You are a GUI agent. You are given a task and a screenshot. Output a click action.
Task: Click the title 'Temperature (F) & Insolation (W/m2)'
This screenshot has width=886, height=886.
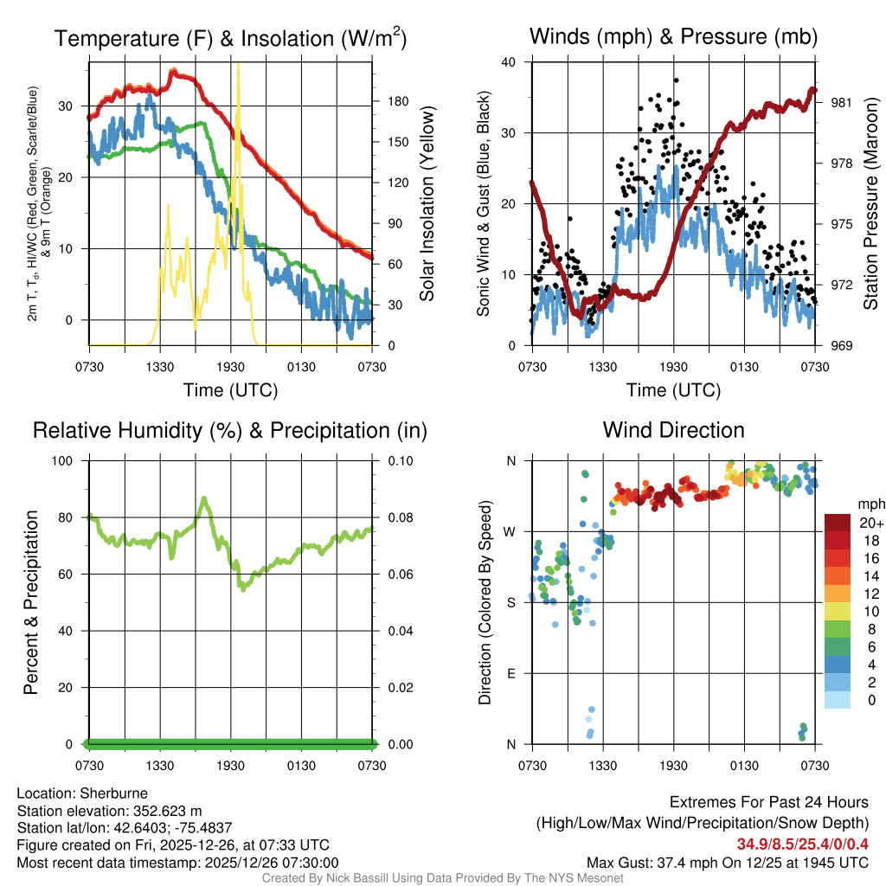tap(230, 38)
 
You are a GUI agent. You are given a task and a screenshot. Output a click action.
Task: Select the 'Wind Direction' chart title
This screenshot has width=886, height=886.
tap(673, 430)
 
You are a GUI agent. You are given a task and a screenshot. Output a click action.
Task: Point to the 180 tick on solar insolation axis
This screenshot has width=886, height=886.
tap(397, 101)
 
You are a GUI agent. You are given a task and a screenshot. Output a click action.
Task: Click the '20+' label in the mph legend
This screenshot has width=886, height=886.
tap(870, 523)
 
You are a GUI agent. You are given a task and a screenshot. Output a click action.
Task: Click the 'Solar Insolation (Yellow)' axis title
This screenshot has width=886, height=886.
tap(427, 204)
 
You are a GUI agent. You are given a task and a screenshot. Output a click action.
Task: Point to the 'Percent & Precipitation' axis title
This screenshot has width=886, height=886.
tap(30, 602)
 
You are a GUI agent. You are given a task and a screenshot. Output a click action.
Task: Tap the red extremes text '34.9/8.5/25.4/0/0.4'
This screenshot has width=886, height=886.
tap(802, 844)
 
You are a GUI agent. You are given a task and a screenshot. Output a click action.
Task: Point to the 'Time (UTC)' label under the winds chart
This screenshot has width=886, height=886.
tap(674, 390)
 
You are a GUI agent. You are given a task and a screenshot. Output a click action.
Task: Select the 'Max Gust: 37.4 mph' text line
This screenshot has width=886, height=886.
tap(727, 862)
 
